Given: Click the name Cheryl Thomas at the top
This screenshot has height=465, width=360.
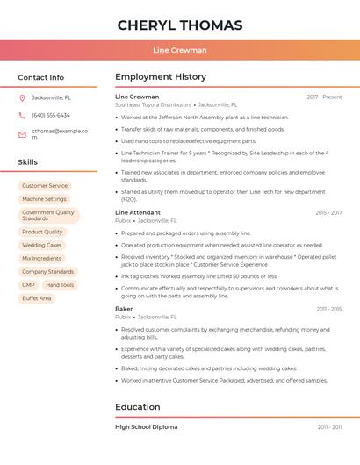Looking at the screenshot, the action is click(x=180, y=25).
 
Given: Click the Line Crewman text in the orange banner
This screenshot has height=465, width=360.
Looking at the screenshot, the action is click(x=180, y=50).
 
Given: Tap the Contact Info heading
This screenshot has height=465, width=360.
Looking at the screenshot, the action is click(x=40, y=77).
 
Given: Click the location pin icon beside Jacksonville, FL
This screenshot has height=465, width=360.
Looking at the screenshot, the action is click(x=22, y=97).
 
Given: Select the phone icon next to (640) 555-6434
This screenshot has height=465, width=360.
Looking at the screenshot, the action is click(x=22, y=116).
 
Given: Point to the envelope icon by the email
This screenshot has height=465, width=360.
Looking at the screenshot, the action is click(x=22, y=134).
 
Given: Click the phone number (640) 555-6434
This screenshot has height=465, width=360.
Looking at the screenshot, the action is click(x=51, y=116).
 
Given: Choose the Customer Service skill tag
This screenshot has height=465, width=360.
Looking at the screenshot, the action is click(x=45, y=186).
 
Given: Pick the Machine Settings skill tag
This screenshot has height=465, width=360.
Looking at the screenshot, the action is click(x=44, y=199).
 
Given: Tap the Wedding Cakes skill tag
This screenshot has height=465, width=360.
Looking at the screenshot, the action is click(x=42, y=246).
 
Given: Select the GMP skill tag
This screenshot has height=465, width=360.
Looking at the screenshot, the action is click(x=29, y=285).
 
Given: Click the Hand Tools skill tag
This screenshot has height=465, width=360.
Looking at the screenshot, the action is click(x=60, y=285).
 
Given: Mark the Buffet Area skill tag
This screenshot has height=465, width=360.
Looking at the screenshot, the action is click(x=37, y=298).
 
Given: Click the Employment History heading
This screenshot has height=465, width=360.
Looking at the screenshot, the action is click(x=161, y=77).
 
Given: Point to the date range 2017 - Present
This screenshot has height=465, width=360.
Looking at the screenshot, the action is click(x=324, y=97).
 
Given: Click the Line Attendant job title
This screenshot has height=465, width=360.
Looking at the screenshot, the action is click(x=138, y=212).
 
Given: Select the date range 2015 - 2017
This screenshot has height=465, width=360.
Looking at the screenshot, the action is click(x=328, y=212).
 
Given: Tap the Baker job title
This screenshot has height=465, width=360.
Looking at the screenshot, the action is click(x=124, y=309).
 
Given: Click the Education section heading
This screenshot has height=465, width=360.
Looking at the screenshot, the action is click(x=138, y=407).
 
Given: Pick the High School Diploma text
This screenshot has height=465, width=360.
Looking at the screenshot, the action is click(x=146, y=426).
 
